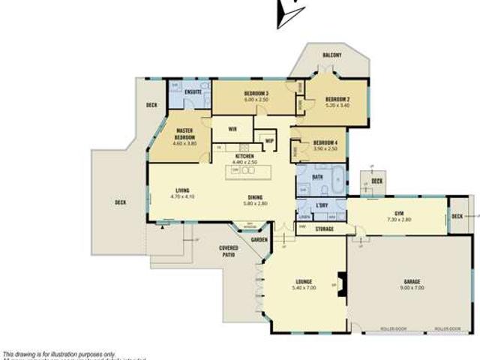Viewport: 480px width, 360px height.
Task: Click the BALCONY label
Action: coord(332,55)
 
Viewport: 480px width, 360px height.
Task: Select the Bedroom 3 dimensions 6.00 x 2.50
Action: coord(256,100)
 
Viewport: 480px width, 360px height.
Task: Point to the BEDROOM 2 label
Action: coord(337,99)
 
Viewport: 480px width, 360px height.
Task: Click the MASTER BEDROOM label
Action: coord(185,134)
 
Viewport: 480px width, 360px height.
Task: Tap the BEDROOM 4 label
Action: coord(325,142)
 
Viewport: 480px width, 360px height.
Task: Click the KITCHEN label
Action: coord(245,155)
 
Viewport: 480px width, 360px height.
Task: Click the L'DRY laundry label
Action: coord(323,205)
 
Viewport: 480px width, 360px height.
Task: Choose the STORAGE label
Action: coord(324,229)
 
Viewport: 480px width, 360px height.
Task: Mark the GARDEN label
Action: coord(259,240)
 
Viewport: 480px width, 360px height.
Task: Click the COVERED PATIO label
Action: coord(229,251)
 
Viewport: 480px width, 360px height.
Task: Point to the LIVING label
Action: coord(182,190)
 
